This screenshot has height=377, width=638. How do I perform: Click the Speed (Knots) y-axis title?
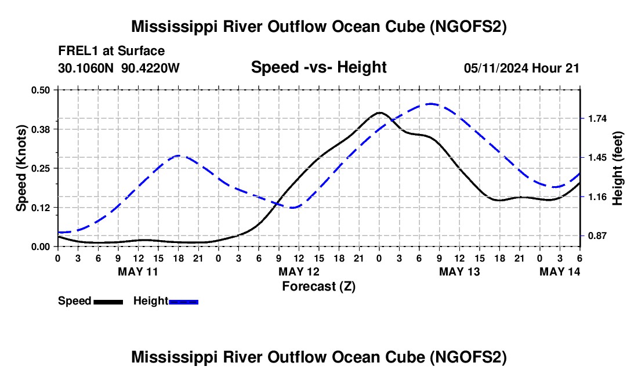21,168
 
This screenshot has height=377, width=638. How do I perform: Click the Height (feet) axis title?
618,168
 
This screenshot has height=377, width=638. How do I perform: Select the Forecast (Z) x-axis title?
318,286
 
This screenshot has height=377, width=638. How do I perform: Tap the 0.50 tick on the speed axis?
41,90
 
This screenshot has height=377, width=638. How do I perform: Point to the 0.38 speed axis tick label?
41,129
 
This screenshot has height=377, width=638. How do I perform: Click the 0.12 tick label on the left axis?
41,207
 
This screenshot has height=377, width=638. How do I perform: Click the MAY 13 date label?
459,271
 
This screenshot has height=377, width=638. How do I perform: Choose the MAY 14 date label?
560,271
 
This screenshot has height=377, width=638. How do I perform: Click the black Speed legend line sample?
108,302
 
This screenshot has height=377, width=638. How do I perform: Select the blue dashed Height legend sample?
184,302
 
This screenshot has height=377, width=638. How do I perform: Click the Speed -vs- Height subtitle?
318,67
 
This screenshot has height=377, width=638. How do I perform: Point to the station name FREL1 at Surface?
111,51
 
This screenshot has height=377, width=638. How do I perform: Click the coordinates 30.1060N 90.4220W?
119,68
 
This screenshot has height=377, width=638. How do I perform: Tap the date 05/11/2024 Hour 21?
521,68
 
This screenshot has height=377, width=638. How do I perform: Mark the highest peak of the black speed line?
380,113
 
